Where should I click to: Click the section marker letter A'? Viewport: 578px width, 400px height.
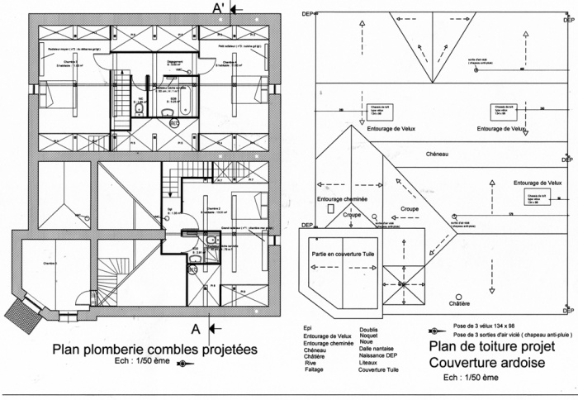pos(220,8)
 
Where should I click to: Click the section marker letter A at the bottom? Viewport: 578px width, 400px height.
pos(196,328)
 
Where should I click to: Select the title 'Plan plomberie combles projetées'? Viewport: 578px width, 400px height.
pos(154,350)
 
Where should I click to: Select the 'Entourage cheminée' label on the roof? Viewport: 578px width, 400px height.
pos(342,199)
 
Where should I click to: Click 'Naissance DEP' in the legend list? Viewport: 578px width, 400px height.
pos(381,356)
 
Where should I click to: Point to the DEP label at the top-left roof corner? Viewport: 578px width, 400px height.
pos(307,14)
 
